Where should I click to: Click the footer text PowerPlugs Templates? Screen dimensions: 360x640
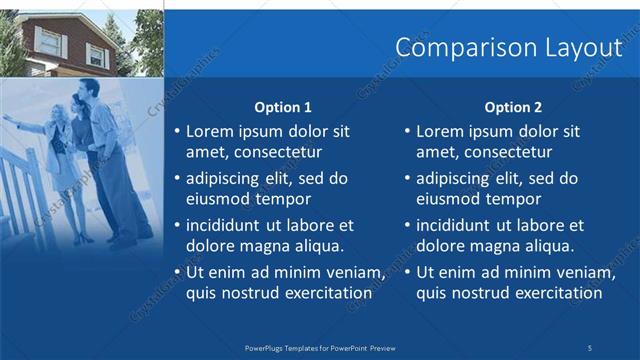coord(290,347)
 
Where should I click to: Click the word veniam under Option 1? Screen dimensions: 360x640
coord(353,272)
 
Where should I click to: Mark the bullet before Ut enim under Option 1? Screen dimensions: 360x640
coord(177,272)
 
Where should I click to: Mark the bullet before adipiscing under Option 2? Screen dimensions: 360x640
coord(408,178)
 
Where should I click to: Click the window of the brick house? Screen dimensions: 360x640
coord(48,40)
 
